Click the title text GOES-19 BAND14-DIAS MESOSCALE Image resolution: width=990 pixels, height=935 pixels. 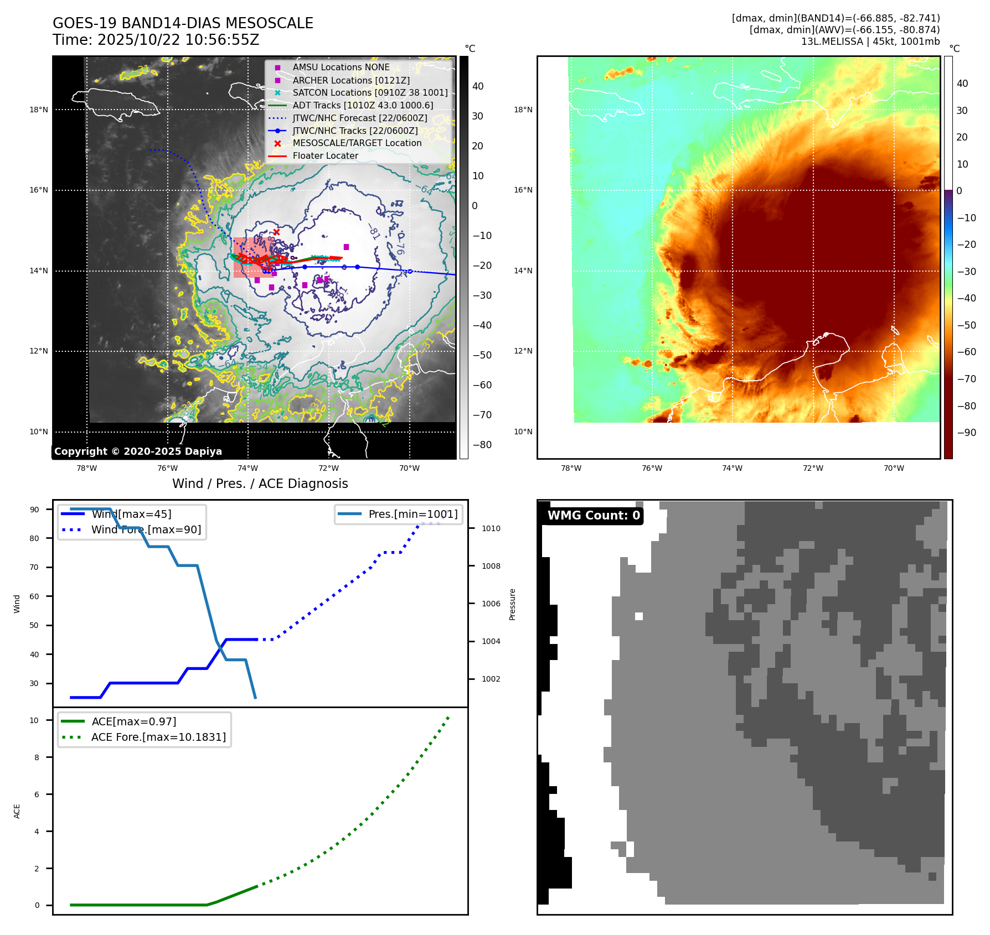click(x=183, y=23)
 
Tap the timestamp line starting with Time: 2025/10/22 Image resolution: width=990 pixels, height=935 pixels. click(x=156, y=40)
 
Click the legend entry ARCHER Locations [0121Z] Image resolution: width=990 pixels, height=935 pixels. click(x=351, y=80)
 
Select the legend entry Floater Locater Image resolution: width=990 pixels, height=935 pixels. click(x=325, y=156)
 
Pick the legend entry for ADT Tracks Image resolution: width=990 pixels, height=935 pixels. click(x=363, y=105)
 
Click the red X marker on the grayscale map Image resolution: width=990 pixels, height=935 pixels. click(x=276, y=232)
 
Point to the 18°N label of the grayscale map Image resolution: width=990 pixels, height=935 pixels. click(x=39, y=110)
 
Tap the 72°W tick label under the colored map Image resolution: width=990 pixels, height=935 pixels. click(x=813, y=468)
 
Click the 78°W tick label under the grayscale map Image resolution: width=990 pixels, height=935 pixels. click(x=86, y=468)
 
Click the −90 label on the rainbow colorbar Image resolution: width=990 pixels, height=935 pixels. click(x=967, y=433)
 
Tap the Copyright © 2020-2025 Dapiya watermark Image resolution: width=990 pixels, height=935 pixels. click(x=138, y=451)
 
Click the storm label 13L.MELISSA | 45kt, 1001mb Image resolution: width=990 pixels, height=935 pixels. click(x=870, y=41)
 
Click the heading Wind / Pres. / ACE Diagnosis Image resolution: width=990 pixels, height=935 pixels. click(x=260, y=484)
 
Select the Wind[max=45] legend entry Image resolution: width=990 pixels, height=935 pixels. click(x=131, y=514)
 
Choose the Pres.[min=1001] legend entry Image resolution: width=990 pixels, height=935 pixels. click(x=413, y=514)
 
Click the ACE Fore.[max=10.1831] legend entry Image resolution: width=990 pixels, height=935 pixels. click(x=158, y=737)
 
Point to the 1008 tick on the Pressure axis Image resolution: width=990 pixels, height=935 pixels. click(x=491, y=566)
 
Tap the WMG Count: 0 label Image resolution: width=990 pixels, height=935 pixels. click(x=594, y=516)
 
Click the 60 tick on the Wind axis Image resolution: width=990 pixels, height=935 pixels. click(x=34, y=596)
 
